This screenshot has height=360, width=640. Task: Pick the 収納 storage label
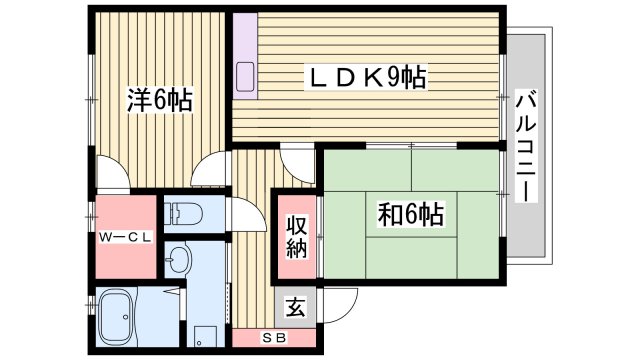pyautogui.click(x=296, y=236)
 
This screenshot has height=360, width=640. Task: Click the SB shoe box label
pyautogui.click(x=273, y=336)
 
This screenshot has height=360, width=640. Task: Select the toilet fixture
pyautogui.click(x=181, y=213)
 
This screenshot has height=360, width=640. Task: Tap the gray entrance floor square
pyautogui.click(x=296, y=308)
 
